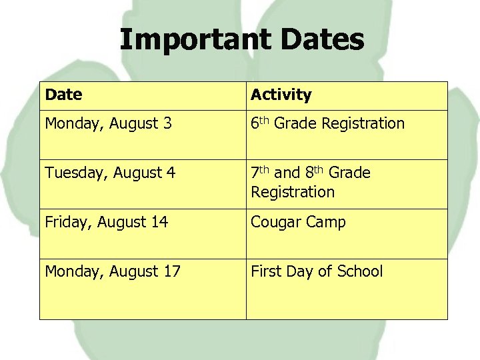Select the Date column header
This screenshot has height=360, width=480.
[64, 95]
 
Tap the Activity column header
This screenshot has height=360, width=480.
[281, 95]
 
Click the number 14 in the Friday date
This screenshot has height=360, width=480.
[159, 222]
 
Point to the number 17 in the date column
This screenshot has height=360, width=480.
[171, 271]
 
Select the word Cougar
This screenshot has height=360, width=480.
[275, 223]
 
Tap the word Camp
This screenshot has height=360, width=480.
[325, 223]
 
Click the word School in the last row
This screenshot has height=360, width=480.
[360, 271]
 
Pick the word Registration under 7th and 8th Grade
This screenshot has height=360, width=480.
[293, 192]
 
